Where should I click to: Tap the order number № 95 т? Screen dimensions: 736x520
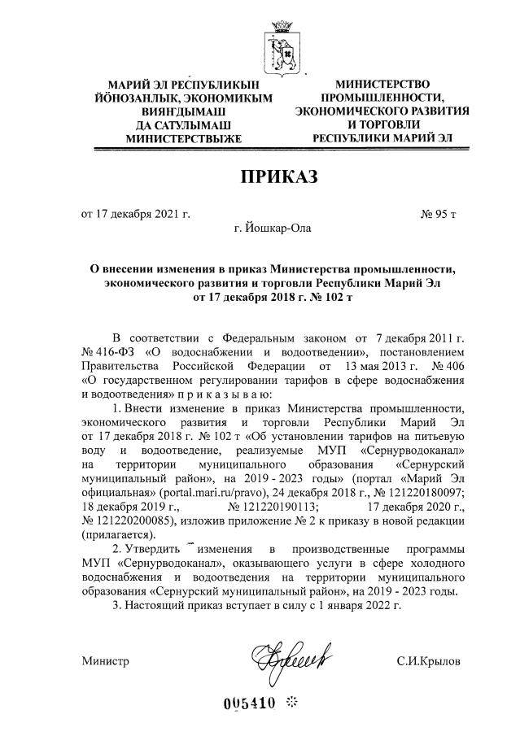pos(438,215)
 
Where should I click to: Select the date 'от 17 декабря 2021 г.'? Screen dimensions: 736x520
pos(135,215)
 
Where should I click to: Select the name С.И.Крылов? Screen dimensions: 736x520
pos(428,661)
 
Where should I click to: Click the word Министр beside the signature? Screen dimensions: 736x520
pos(105,661)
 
